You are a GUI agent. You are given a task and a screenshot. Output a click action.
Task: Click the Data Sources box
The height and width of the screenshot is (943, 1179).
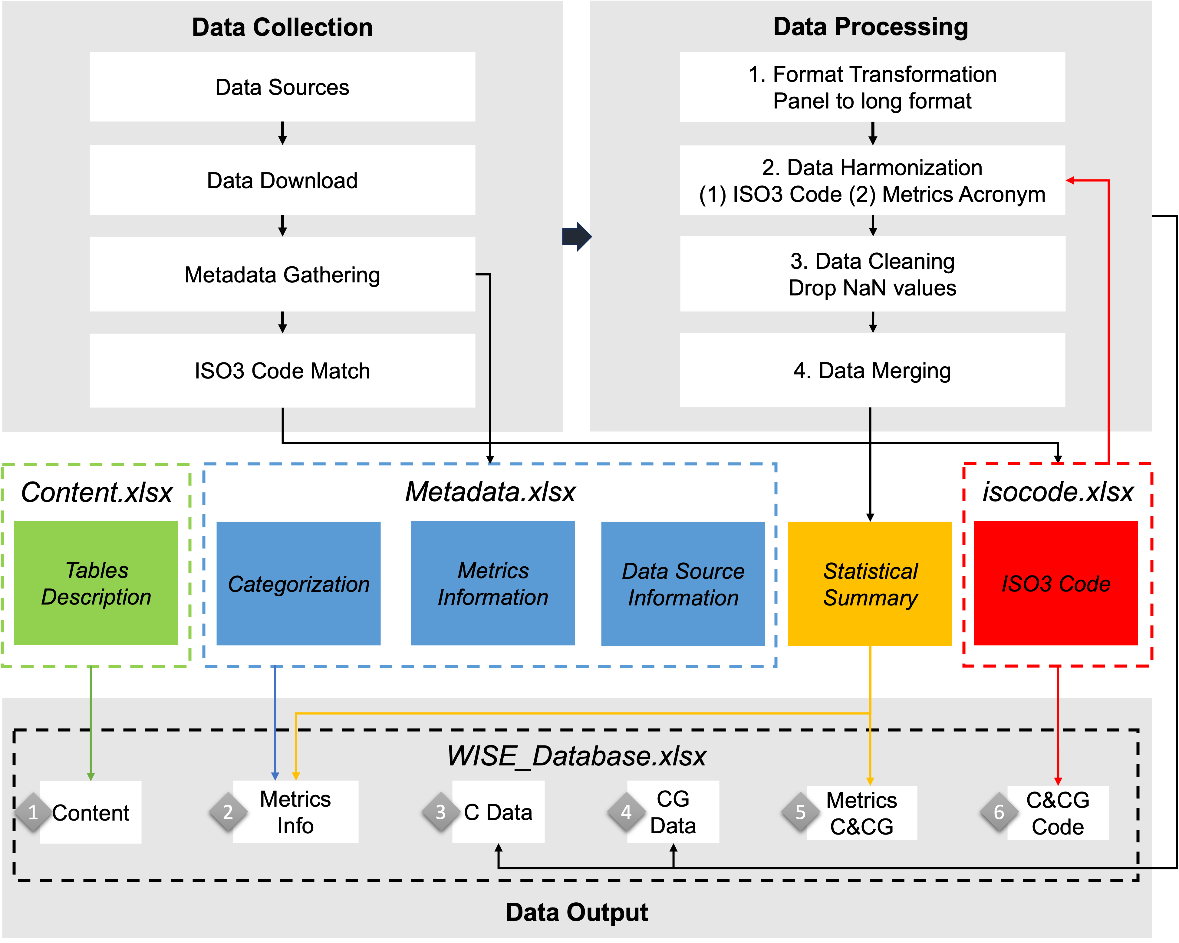282,87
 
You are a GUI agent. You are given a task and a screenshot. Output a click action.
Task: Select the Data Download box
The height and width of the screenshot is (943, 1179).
282,180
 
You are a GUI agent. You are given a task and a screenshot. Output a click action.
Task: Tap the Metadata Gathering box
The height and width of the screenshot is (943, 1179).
282,274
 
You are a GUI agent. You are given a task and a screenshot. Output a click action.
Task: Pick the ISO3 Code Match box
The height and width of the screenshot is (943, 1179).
282,371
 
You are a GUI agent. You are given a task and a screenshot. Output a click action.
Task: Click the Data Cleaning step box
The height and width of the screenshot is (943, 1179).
872,274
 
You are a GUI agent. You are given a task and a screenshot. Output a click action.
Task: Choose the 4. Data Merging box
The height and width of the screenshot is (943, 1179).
872,371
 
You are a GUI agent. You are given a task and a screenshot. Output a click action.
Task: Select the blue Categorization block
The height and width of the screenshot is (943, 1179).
298,583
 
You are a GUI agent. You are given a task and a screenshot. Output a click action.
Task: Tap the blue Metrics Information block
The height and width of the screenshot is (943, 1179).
493,583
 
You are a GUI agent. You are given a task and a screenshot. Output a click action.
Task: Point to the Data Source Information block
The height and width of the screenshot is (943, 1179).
683,583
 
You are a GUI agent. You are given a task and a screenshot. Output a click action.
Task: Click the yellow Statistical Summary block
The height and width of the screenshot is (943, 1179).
870,583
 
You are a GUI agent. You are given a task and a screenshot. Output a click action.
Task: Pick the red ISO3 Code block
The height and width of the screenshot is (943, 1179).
1056,583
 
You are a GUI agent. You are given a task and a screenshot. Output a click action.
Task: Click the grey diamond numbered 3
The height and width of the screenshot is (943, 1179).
441,812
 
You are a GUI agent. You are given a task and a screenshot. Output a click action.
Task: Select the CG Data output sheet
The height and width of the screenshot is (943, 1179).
673,812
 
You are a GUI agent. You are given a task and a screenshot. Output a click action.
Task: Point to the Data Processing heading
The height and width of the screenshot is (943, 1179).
871,27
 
